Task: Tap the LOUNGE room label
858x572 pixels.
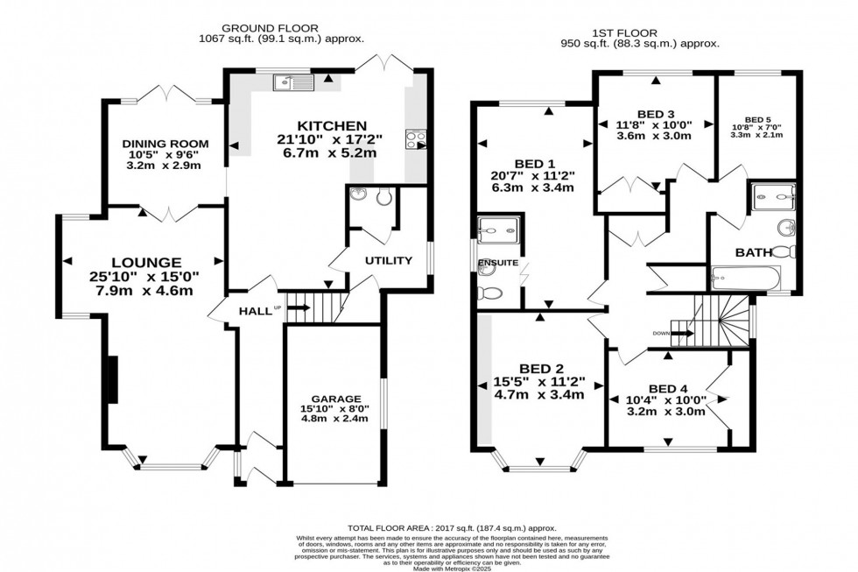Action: coord(145,262)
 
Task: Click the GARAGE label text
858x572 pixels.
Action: coord(337,399)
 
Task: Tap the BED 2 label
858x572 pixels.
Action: coord(532,367)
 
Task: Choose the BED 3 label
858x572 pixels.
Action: coord(655,114)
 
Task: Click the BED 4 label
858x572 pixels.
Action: coord(667,389)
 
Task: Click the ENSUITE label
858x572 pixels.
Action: coord(498,263)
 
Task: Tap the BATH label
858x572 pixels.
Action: coord(753,252)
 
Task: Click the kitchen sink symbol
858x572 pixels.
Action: coord(292,83)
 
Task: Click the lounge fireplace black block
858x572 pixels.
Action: coord(111,379)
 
